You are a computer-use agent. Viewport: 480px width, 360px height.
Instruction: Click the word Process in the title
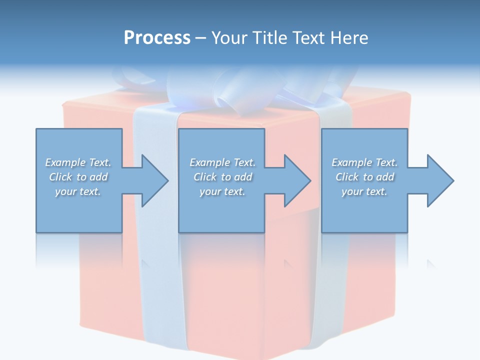click(157, 38)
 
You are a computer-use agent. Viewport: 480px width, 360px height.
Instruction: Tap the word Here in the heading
click(349, 38)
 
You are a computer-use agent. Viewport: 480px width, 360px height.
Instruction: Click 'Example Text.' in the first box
click(78, 162)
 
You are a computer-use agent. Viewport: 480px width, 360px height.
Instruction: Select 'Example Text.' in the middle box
click(222, 162)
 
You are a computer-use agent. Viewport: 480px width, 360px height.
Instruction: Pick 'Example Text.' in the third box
click(364, 162)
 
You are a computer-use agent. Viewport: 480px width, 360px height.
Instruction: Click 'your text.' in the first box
click(78, 191)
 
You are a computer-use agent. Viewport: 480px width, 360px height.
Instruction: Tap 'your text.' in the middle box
click(222, 191)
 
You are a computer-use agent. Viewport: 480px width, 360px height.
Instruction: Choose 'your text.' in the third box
click(364, 191)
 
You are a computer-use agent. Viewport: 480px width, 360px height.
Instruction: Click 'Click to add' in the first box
click(78, 177)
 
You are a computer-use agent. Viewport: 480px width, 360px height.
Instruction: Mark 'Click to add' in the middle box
click(222, 177)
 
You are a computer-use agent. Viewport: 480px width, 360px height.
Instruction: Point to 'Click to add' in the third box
click(364, 177)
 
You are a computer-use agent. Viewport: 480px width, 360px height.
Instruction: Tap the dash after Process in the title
click(200, 38)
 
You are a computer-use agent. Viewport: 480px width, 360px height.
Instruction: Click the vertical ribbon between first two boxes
click(150, 250)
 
